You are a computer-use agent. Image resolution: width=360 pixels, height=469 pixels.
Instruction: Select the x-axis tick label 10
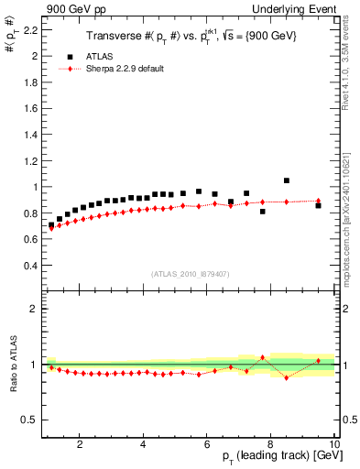coord(334,445)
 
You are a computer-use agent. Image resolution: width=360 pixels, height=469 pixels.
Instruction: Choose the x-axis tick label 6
coord(207,445)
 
